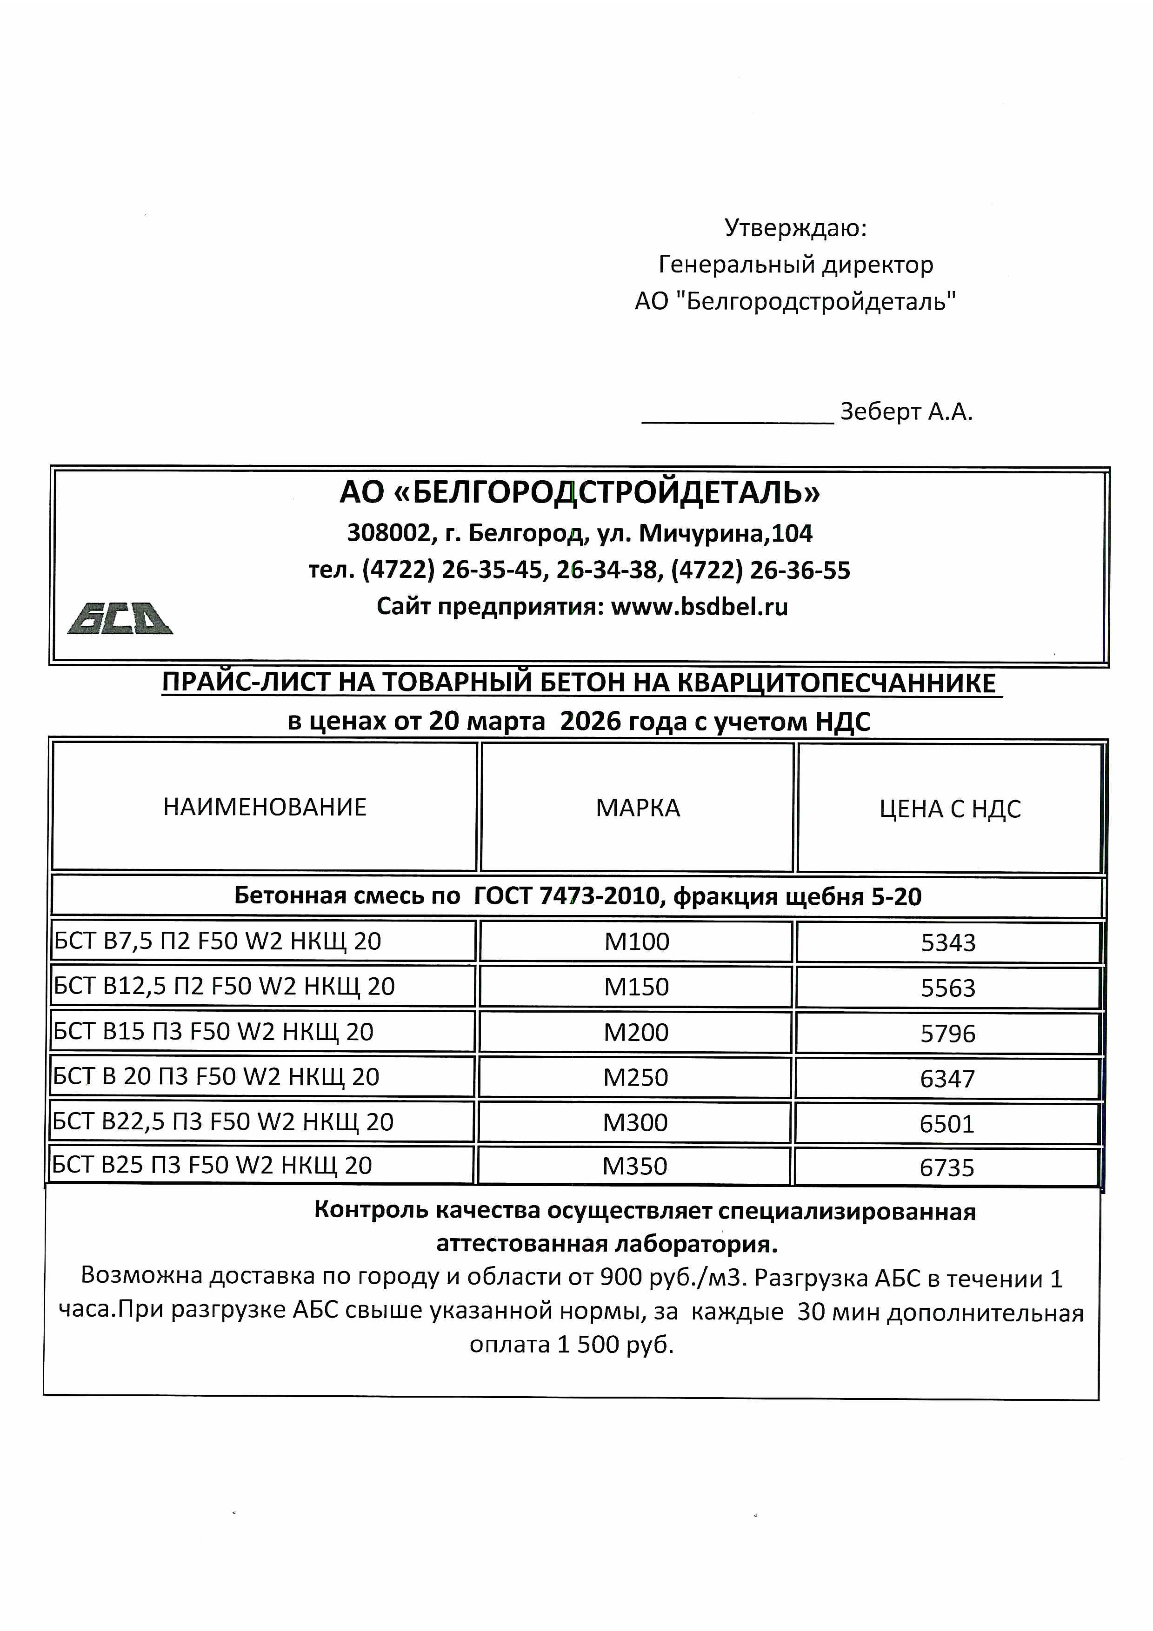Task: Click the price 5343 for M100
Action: pyautogui.click(x=948, y=942)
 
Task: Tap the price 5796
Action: pyautogui.click(x=948, y=1034)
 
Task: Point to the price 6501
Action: pyautogui.click(x=946, y=1124)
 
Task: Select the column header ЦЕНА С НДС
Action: pyautogui.click(x=950, y=809)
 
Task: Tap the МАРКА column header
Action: pyautogui.click(x=637, y=808)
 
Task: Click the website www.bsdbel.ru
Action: pyautogui.click(x=699, y=607)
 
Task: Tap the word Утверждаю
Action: pyautogui.click(x=795, y=228)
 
